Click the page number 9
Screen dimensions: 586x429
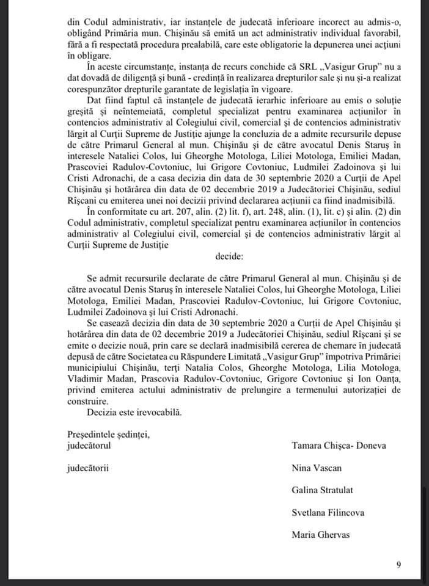coord(398,565)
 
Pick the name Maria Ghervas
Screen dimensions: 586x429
coord(321,535)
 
